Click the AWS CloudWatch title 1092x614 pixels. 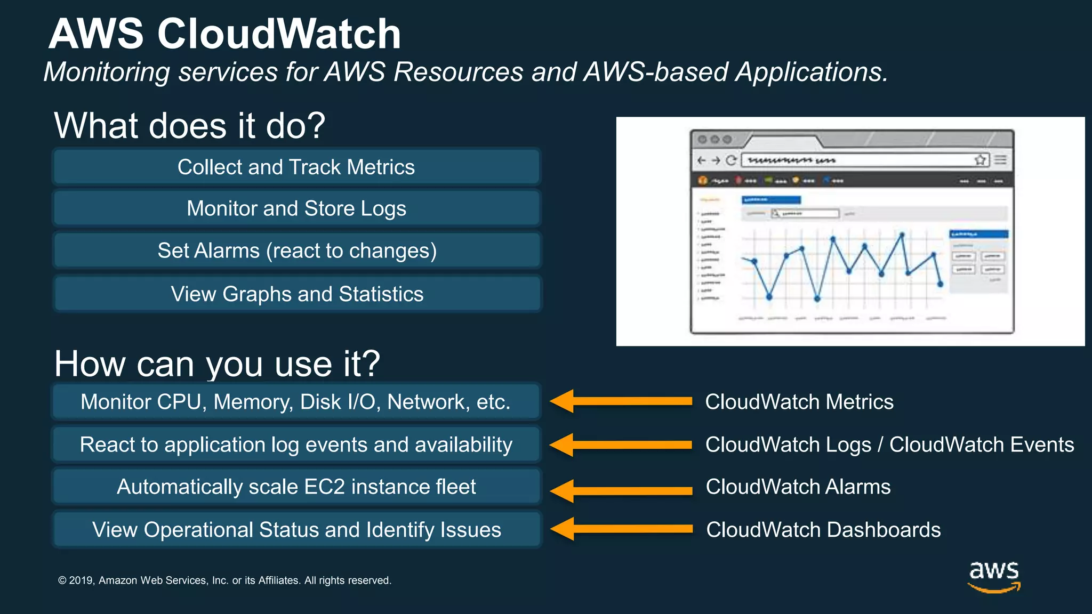(224, 34)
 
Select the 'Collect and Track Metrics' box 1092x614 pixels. (296, 167)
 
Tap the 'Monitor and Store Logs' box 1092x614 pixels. (296, 208)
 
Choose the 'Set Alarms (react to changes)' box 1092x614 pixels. (296, 251)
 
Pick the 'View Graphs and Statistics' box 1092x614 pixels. (296, 294)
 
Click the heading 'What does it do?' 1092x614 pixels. (189, 126)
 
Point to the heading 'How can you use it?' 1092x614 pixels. (217, 364)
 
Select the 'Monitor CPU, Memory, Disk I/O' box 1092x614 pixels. (296, 402)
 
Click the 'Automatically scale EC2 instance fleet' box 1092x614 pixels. (296, 487)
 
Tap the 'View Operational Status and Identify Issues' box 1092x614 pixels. (296, 530)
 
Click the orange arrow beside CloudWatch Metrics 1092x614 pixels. (621, 401)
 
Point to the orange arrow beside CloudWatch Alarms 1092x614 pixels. (621, 490)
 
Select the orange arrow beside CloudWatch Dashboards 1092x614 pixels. (621, 529)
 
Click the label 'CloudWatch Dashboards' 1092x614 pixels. (823, 530)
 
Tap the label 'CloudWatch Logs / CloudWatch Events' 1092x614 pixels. (889, 445)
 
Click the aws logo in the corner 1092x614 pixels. (994, 576)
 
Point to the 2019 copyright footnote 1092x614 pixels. (224, 580)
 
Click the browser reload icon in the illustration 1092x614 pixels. (731, 160)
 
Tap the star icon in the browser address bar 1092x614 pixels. (980, 160)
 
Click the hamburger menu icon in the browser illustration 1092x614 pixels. (1000, 160)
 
